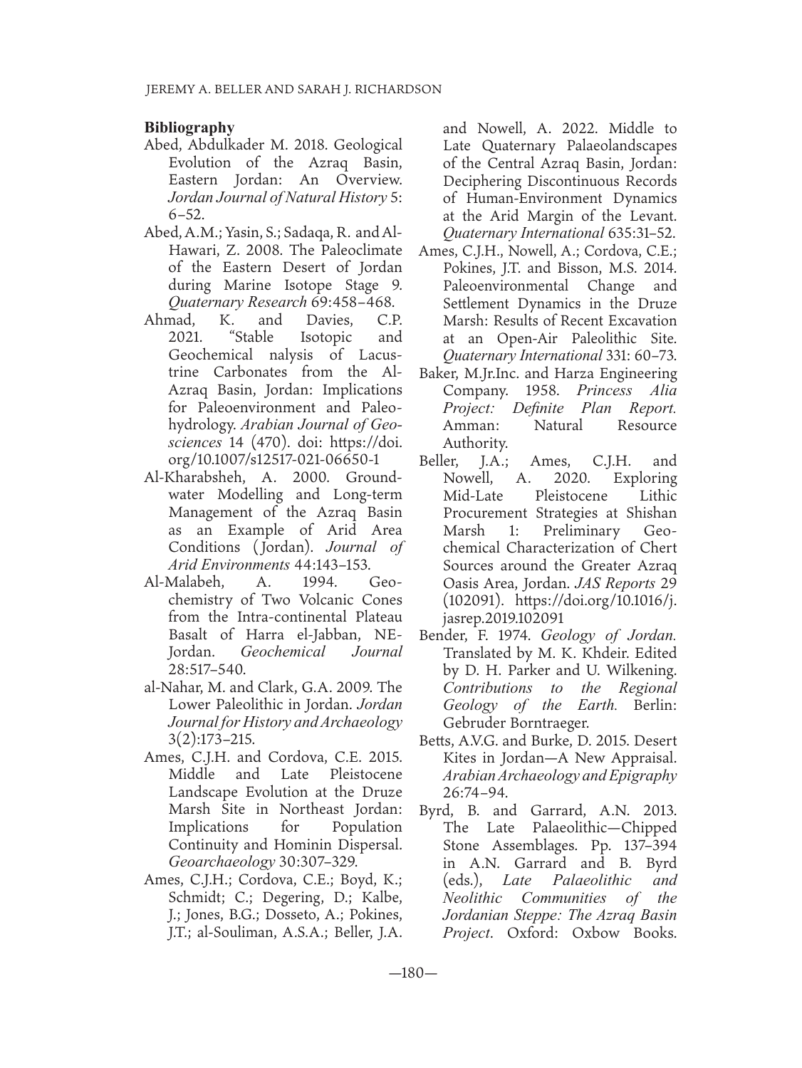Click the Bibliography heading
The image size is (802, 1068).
189,128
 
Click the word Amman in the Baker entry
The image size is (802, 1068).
466,426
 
